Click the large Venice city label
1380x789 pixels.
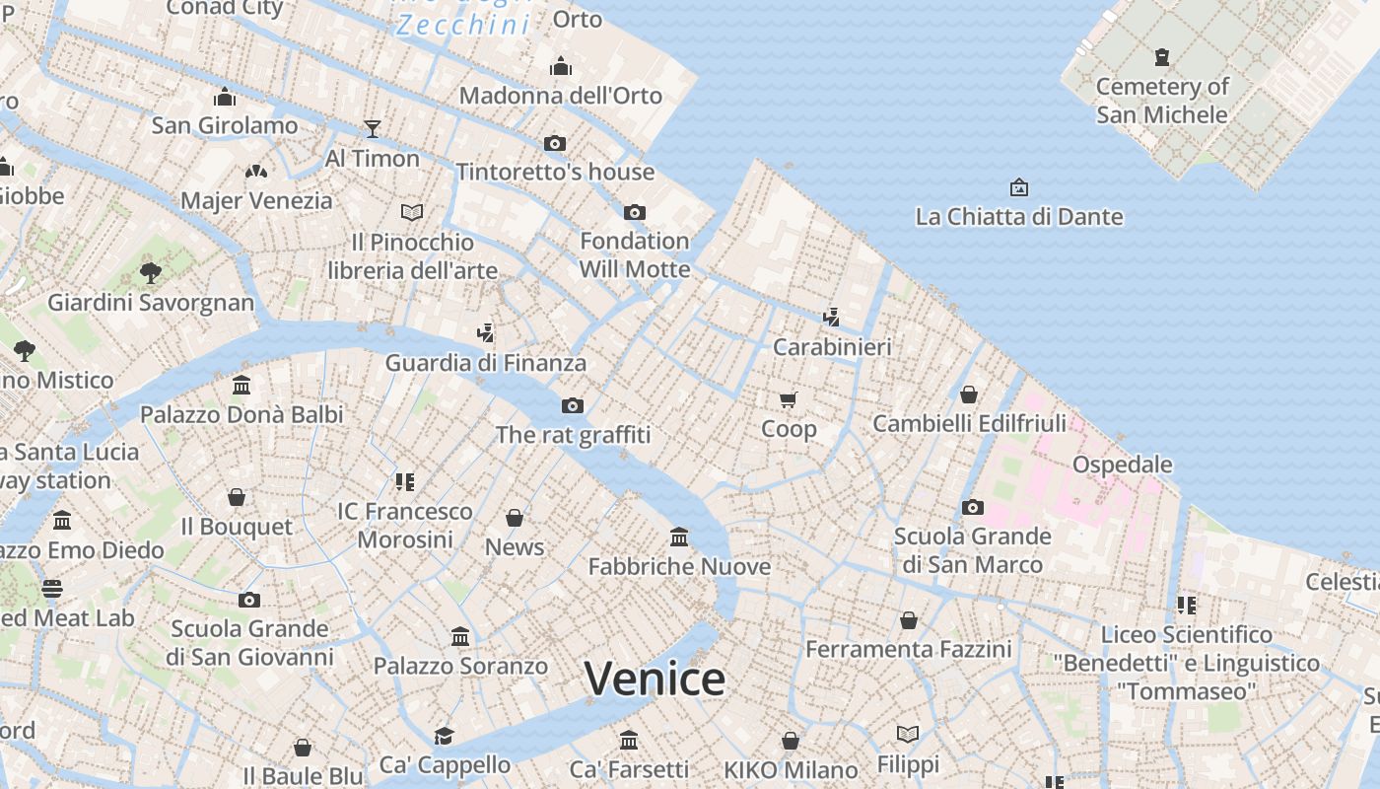point(655,679)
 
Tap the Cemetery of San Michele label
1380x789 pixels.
point(1162,101)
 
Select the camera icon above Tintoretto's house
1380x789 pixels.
point(555,144)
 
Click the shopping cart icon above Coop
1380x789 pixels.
point(788,399)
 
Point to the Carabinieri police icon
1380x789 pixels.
point(832,318)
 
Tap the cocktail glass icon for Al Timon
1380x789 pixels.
point(372,128)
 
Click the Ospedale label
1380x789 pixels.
point(1122,465)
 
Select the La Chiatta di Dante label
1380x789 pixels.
point(1018,217)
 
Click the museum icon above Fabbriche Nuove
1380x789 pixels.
point(679,538)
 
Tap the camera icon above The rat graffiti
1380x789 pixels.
point(573,405)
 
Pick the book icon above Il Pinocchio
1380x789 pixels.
point(412,212)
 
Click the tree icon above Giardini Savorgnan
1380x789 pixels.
point(151,272)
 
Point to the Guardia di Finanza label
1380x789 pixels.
point(485,363)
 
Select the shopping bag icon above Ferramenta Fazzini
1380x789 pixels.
point(908,620)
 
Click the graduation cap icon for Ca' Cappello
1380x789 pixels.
point(445,736)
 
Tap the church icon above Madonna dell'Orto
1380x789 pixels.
point(561,66)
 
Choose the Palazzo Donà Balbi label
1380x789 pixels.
point(241,414)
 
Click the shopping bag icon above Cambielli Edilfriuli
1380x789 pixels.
point(969,394)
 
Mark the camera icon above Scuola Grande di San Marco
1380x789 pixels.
point(973,507)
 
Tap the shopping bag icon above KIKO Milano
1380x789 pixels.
point(791,741)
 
